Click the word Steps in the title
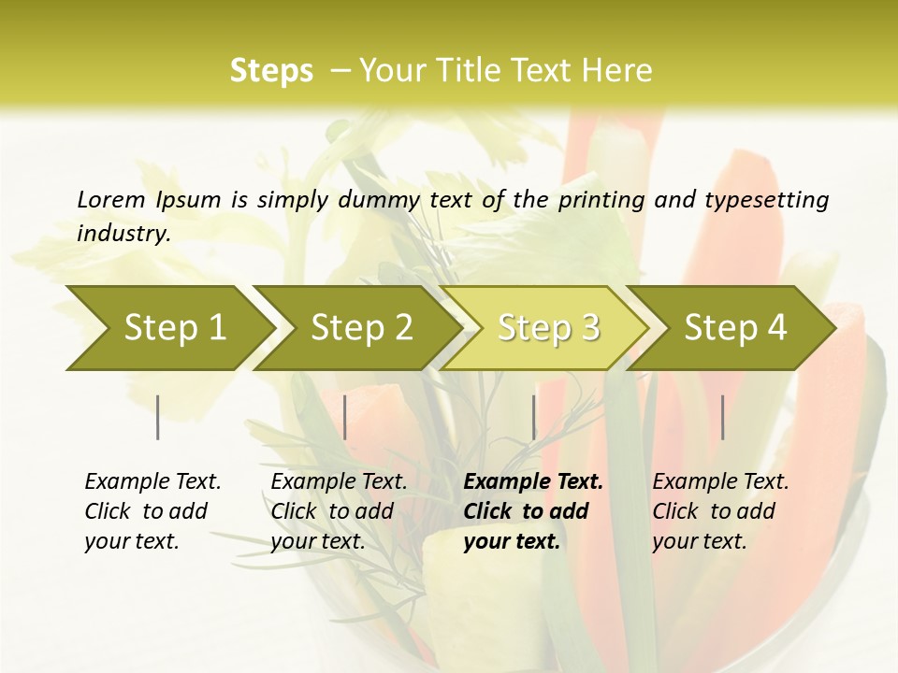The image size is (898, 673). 271,71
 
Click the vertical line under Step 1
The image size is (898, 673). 158,417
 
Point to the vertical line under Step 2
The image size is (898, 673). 345,417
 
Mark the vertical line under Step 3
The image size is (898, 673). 533,417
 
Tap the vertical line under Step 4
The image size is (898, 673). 722,417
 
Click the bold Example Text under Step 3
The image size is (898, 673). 533,482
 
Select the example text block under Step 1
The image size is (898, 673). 152,511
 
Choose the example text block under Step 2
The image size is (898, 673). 339,511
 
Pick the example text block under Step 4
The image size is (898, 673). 720,511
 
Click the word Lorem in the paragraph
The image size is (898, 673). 111,199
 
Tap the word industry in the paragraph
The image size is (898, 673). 123,233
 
